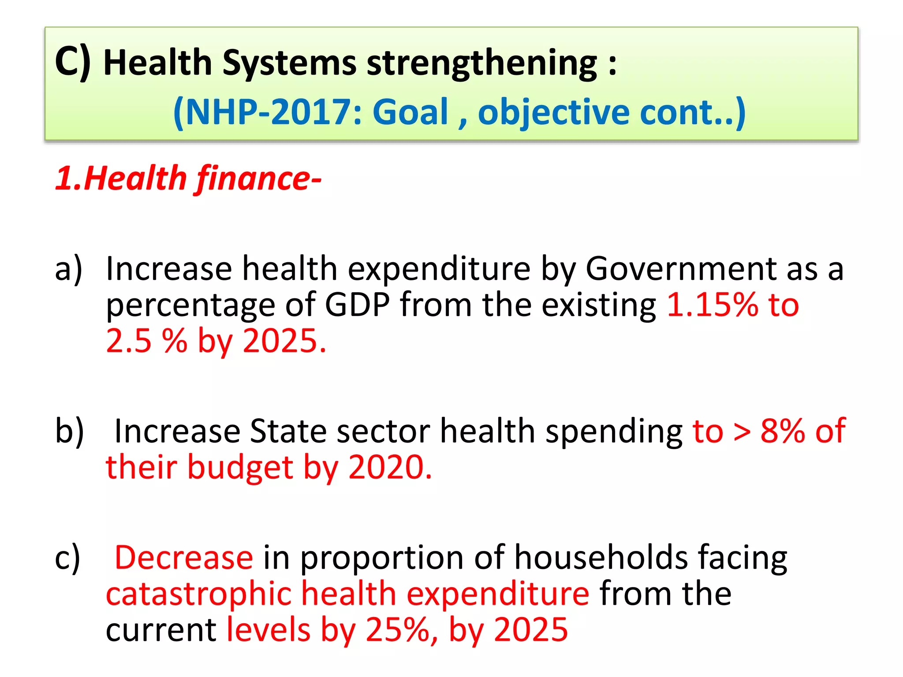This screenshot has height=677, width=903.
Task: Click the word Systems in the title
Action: (289, 63)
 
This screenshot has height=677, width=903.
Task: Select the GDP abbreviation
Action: (358, 305)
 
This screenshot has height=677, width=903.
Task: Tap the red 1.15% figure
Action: (712, 305)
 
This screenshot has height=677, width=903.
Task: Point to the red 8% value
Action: (783, 431)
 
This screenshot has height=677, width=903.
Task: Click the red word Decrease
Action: (184, 558)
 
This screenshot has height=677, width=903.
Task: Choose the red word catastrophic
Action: (198, 594)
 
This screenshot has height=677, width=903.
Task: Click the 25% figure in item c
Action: (398, 630)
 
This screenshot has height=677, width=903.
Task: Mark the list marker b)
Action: (69, 431)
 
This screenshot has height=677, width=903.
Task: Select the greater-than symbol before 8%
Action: (742, 431)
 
